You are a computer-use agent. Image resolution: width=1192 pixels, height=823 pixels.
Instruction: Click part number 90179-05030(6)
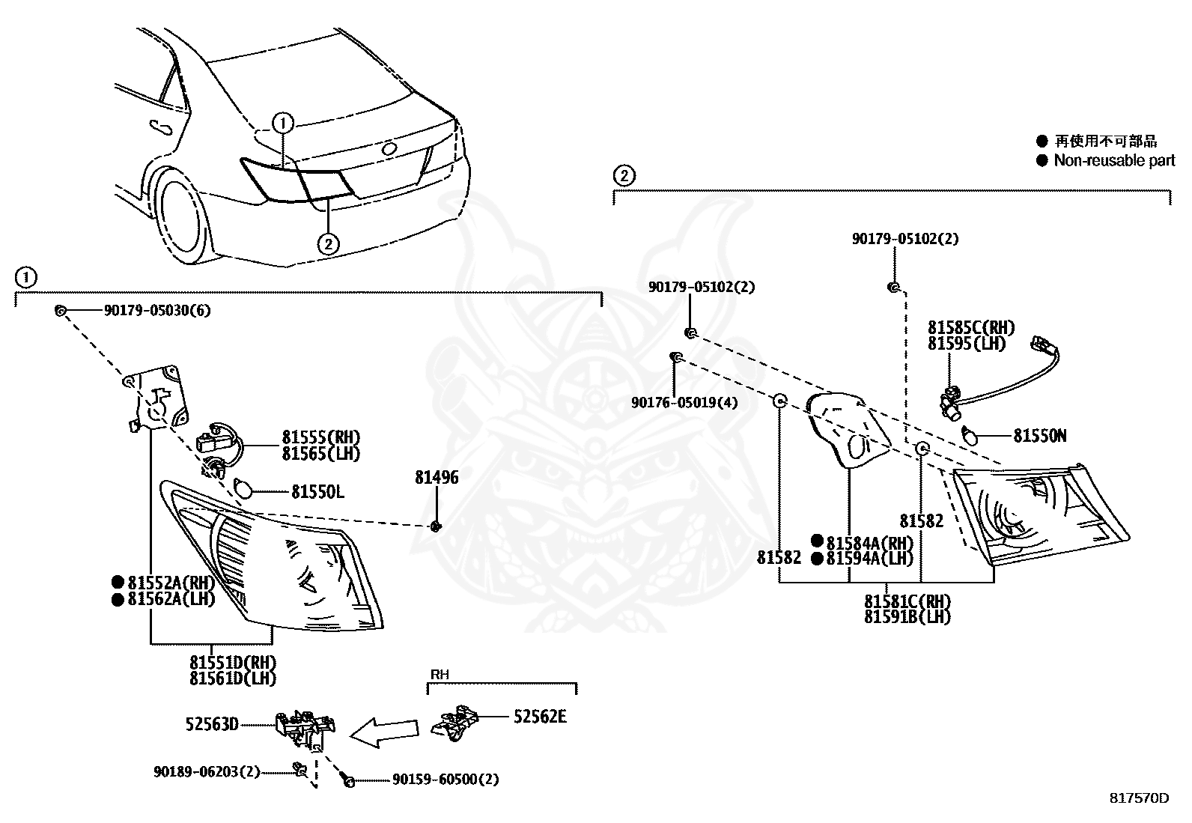tap(157, 310)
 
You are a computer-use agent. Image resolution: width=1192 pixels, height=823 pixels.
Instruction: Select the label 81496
tap(437, 478)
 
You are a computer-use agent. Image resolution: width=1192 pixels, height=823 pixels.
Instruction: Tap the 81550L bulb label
tap(317, 492)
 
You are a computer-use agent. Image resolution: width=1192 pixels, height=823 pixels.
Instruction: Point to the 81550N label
tap(1040, 436)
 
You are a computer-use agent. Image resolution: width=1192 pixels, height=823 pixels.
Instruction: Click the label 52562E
tap(540, 717)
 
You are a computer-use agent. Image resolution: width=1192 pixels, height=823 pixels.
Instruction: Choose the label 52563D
tap(212, 724)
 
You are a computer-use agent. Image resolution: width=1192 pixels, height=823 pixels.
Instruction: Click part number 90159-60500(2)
tap(446, 780)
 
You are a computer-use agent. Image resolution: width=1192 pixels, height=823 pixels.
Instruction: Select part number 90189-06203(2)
tap(207, 771)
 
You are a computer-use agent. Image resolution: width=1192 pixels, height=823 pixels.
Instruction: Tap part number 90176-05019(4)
tap(684, 402)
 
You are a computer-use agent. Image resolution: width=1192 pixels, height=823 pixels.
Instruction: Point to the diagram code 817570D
tap(1140, 798)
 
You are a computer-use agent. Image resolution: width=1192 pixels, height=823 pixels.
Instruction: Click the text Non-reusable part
tap(1114, 160)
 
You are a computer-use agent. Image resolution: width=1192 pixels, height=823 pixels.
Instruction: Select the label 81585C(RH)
tap(971, 327)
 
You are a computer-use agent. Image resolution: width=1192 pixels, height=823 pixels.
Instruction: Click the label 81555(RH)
tap(321, 437)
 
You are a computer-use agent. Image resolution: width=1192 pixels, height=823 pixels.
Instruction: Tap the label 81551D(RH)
tap(233, 663)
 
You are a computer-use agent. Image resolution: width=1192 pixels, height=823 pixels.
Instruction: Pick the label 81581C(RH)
tap(907, 601)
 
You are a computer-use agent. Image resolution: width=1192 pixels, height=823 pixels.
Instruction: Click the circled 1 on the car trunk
tap(282, 124)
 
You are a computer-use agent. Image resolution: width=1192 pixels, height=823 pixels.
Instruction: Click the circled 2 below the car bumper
tap(328, 244)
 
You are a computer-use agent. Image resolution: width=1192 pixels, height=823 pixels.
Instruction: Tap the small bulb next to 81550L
tap(243, 489)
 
